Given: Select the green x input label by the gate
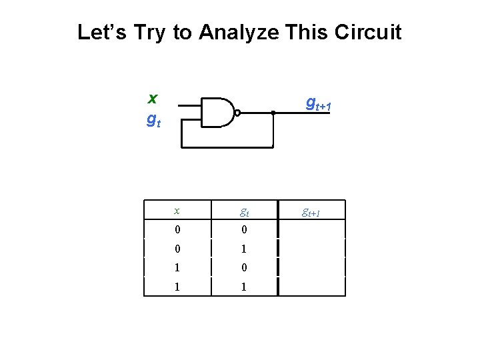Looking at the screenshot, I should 153,99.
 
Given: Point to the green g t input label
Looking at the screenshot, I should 153,121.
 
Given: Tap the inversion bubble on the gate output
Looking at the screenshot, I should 237,113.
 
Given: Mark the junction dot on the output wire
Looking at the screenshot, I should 273,113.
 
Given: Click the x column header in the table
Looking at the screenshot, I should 177,211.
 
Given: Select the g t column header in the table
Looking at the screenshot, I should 244,213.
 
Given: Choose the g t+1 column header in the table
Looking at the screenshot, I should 311,213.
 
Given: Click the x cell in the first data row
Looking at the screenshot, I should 177,229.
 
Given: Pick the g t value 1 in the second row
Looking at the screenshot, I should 244,249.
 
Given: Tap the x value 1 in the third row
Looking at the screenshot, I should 177,268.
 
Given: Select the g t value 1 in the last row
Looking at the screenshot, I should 244,287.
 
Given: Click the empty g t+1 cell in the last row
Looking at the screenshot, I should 311,287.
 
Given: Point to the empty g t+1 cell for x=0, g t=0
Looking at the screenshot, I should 311,229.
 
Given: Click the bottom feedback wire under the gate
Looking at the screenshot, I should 227,146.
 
